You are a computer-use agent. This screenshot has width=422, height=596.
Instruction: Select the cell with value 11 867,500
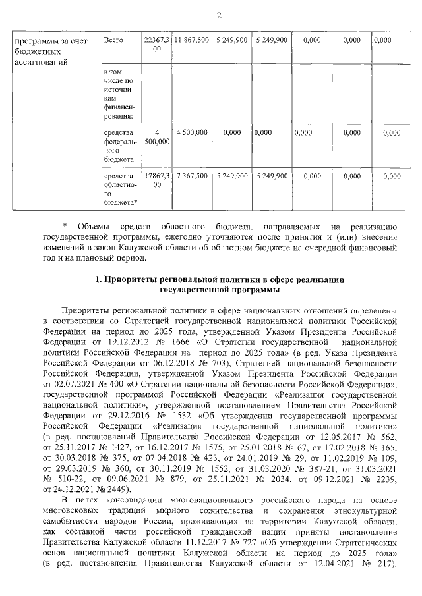192,41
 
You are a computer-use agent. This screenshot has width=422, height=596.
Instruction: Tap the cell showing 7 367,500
192,176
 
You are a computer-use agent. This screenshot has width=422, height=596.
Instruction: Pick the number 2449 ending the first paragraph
117,489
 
